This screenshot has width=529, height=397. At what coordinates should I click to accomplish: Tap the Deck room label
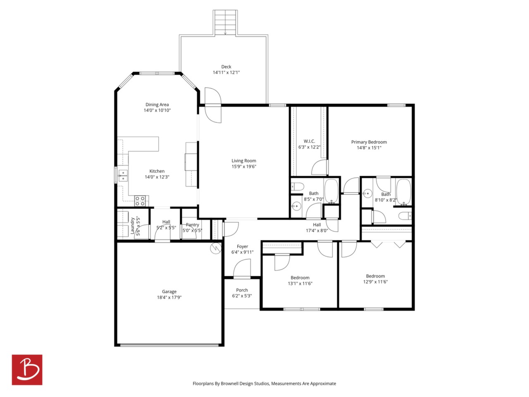pos(226,67)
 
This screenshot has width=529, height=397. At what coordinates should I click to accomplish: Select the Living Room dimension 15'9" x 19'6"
pos(244,166)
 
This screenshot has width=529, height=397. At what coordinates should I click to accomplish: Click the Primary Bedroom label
pos(369,142)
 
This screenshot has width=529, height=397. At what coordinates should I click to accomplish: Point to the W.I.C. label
pos(309,141)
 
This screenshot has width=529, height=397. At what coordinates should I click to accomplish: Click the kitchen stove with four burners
pos(140,201)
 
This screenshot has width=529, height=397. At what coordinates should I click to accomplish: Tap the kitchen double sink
pos(123,175)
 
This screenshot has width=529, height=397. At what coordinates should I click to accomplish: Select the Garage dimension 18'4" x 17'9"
pos(169,297)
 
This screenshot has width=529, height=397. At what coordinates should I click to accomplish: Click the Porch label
pos(242,290)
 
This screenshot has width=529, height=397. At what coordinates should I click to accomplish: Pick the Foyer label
pos(242,246)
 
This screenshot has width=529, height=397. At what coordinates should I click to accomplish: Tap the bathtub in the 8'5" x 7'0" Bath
pos(331,191)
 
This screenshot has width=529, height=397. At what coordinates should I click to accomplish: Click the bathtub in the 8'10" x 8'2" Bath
pos(404,192)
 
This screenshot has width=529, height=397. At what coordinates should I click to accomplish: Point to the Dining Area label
pos(157,105)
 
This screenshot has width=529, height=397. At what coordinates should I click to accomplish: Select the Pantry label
pos(192,225)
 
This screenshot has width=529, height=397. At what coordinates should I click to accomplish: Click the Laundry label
pos(132,226)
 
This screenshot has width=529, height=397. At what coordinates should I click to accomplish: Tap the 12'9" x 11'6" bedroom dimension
pos(375,282)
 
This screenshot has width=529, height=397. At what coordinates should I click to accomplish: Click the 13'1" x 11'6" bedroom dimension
pos(300,283)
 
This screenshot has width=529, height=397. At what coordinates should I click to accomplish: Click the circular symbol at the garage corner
pos(216,248)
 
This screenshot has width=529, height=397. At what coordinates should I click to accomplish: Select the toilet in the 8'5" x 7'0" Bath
pos(298,187)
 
